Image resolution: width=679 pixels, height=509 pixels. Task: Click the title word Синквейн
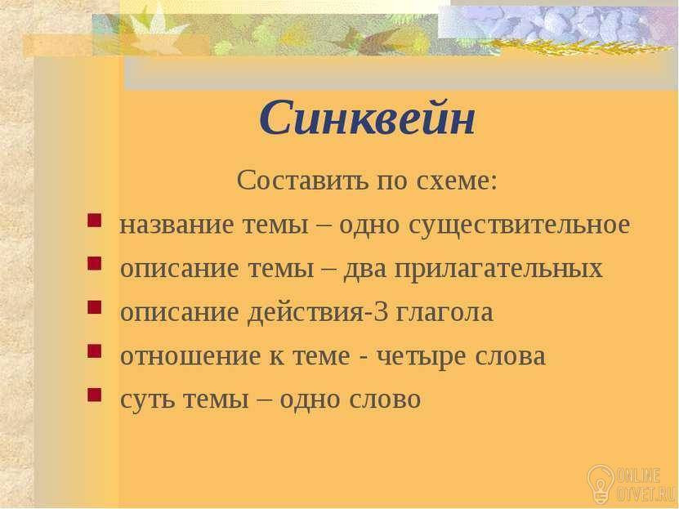coord(367,118)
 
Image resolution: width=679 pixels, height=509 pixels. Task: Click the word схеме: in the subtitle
coord(457,181)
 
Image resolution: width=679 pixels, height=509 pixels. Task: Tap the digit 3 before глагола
coord(381,312)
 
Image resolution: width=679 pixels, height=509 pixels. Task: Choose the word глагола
coord(444,312)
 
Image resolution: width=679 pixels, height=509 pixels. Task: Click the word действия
coord(306,313)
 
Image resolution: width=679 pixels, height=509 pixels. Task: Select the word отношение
coord(190,355)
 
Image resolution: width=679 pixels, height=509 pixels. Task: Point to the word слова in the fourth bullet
coord(510,355)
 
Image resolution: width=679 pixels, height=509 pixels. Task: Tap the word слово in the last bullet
coord(385,399)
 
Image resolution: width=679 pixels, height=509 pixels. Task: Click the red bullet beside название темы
coord(94,221)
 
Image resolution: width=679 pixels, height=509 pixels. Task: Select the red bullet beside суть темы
coord(94,395)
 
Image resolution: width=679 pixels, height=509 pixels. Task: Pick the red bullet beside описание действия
coord(94,307)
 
